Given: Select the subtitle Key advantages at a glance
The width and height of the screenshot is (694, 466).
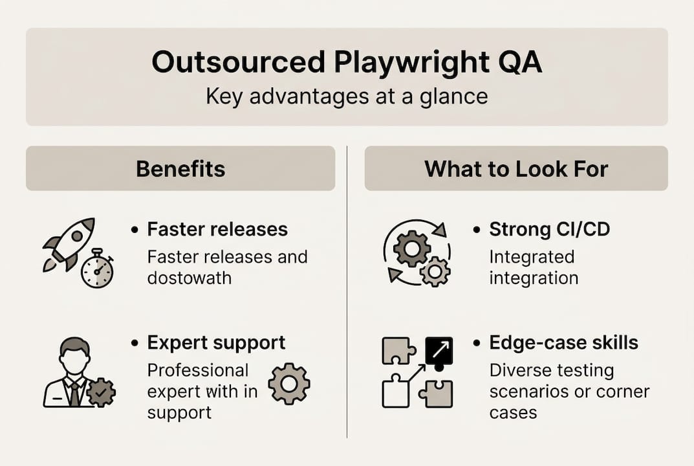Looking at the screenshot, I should (347, 96).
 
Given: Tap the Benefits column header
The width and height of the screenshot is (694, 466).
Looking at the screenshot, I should (180, 169).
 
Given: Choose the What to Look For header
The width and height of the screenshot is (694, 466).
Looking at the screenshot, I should (516, 169).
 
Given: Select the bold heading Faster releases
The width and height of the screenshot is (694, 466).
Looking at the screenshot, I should (217, 229).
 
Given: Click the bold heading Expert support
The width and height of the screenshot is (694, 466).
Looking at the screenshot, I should (216, 342).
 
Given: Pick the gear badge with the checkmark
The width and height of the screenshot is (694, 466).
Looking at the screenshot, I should (101, 392).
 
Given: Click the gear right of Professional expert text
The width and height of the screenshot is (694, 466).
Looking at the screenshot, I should (289, 384).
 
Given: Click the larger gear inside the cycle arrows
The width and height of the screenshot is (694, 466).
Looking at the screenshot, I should (411, 248).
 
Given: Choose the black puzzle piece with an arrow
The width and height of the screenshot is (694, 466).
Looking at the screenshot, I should (439, 351).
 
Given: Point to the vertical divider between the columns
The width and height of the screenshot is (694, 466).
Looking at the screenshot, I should (347, 291).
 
